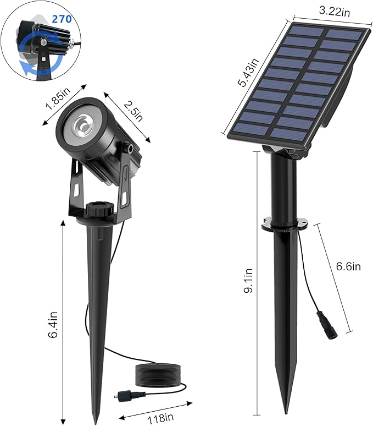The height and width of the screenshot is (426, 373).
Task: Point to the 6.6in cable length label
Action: click(x=348, y=267)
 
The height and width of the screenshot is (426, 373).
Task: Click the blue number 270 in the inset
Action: click(x=62, y=19)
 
